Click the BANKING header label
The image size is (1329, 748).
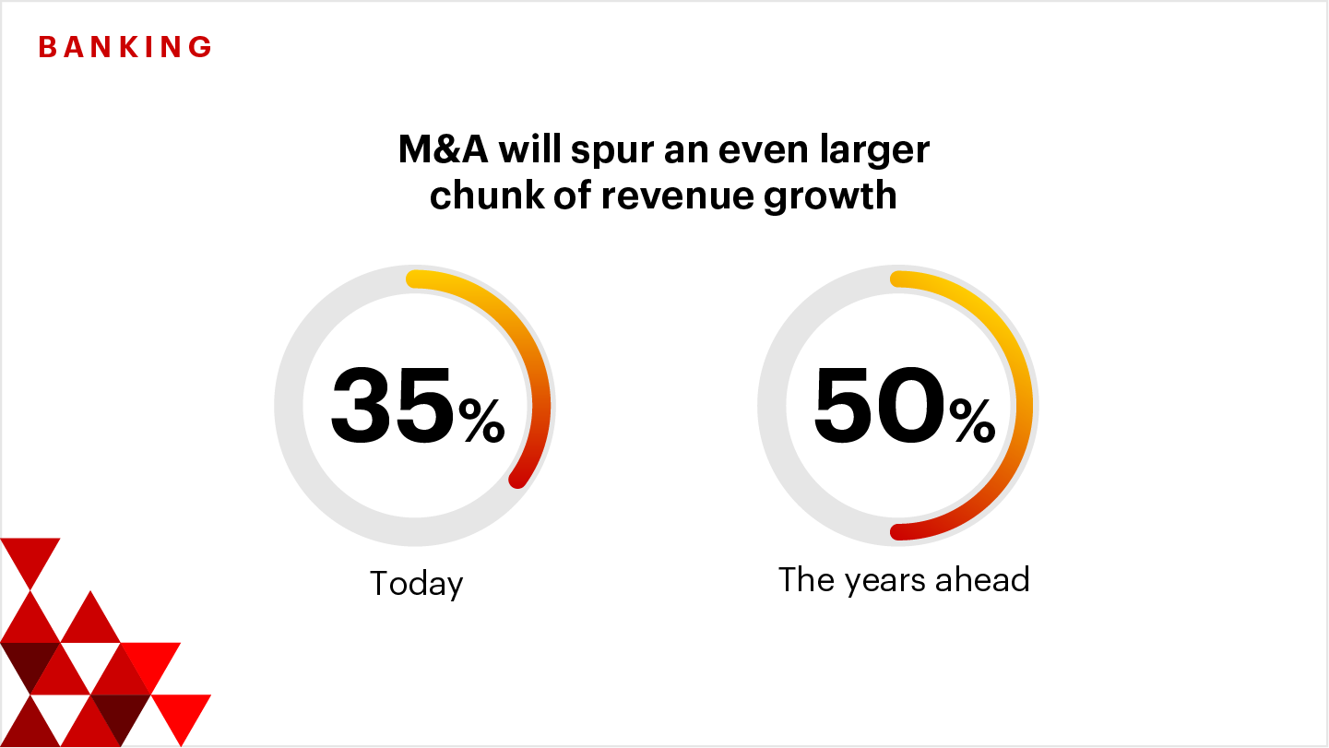tap(125, 47)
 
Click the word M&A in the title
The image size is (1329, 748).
tap(444, 150)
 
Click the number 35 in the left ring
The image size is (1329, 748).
tap(392, 406)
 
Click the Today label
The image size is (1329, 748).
tap(416, 584)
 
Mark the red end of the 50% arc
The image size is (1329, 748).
tap(896, 531)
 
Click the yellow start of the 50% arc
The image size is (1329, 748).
tap(897, 279)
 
